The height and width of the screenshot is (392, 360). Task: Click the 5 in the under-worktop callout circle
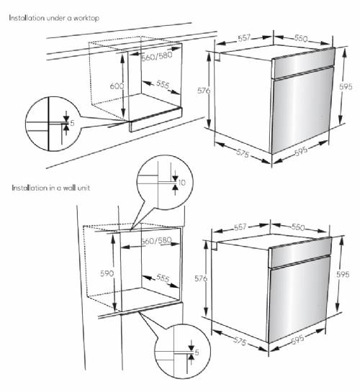click(73, 123)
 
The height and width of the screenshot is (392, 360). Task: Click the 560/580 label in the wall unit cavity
click(155, 241)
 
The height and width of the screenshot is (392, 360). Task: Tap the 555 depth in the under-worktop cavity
click(163, 86)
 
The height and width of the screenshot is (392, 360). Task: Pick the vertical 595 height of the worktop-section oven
click(345, 87)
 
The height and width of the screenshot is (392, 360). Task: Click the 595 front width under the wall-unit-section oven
click(304, 341)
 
